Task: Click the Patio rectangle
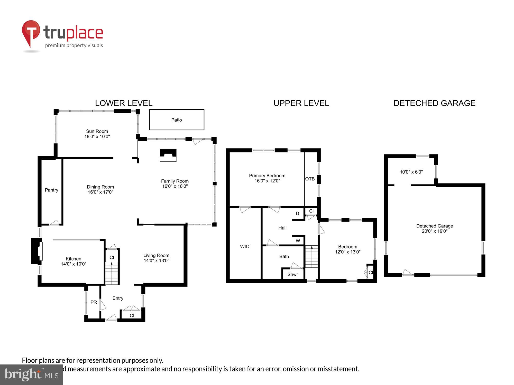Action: coord(177,120)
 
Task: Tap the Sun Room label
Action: coord(97,131)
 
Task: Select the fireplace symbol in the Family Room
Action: coord(168,155)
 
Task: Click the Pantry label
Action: coord(51,190)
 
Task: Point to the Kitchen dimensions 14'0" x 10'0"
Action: coord(74,264)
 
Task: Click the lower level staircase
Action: coord(112,273)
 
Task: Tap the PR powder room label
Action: coord(94,302)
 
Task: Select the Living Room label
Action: coord(156,255)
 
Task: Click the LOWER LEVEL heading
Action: coord(124,103)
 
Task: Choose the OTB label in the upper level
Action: coord(310,179)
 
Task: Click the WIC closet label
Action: coord(244,247)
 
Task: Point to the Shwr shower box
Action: coord(293,274)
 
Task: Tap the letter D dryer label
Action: coord(297,214)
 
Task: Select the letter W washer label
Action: coord(298,241)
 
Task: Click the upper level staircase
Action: coord(311,257)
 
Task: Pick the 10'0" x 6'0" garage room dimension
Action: coord(411,172)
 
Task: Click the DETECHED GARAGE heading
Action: coord(434,103)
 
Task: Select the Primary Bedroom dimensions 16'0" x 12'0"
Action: coord(267,181)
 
